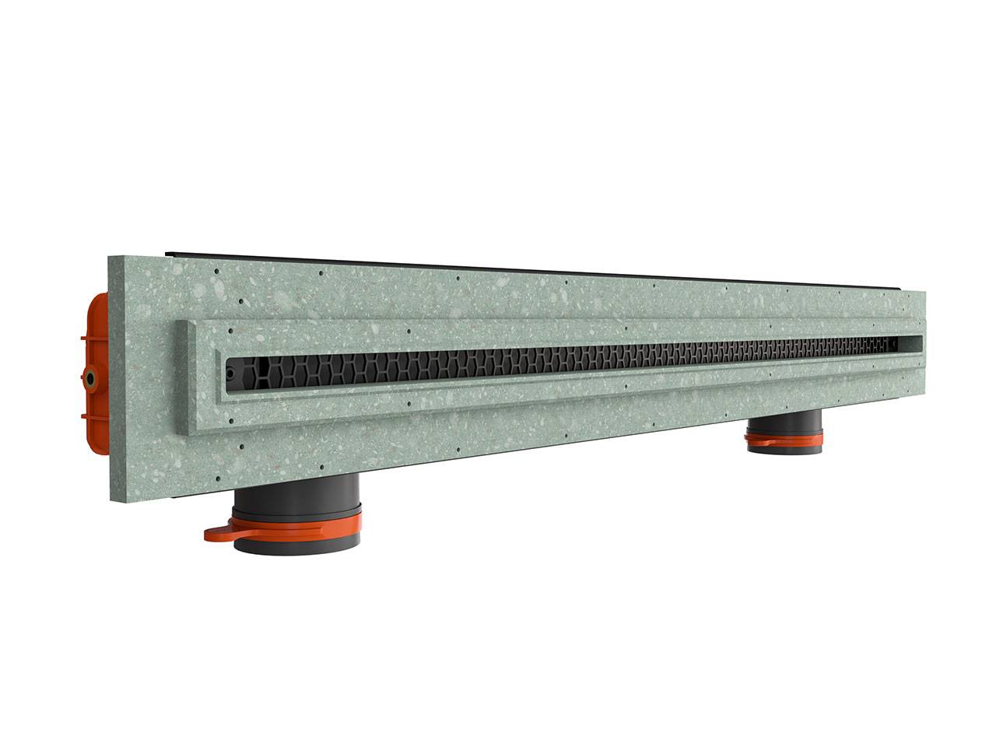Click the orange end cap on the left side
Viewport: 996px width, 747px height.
coord(94,366)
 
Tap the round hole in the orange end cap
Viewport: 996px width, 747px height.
coord(93,379)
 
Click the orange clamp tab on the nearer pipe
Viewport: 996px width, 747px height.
coord(220,533)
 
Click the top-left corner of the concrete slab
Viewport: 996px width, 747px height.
coord(110,258)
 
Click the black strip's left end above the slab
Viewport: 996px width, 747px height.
coord(168,253)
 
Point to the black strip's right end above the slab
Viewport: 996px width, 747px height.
coord(903,288)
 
